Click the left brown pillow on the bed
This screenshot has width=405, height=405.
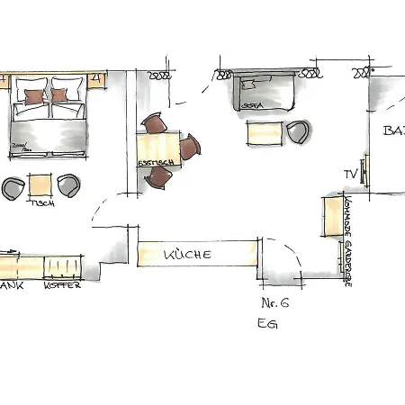point(33,95)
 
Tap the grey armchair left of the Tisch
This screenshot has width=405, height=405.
point(13,188)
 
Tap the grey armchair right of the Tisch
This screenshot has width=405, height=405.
point(68,186)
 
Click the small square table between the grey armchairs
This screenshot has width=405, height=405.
point(40,184)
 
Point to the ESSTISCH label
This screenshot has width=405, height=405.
point(150,162)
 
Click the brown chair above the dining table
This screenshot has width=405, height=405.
point(154,124)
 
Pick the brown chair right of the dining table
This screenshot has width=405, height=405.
point(190,148)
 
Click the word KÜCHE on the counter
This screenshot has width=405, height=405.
point(188,255)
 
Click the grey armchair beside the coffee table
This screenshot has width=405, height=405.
point(297,131)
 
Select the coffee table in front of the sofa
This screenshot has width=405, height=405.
point(264,132)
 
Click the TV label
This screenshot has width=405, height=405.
point(349,173)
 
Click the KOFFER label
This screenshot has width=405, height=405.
point(63,285)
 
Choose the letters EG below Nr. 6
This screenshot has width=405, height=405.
point(267,324)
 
